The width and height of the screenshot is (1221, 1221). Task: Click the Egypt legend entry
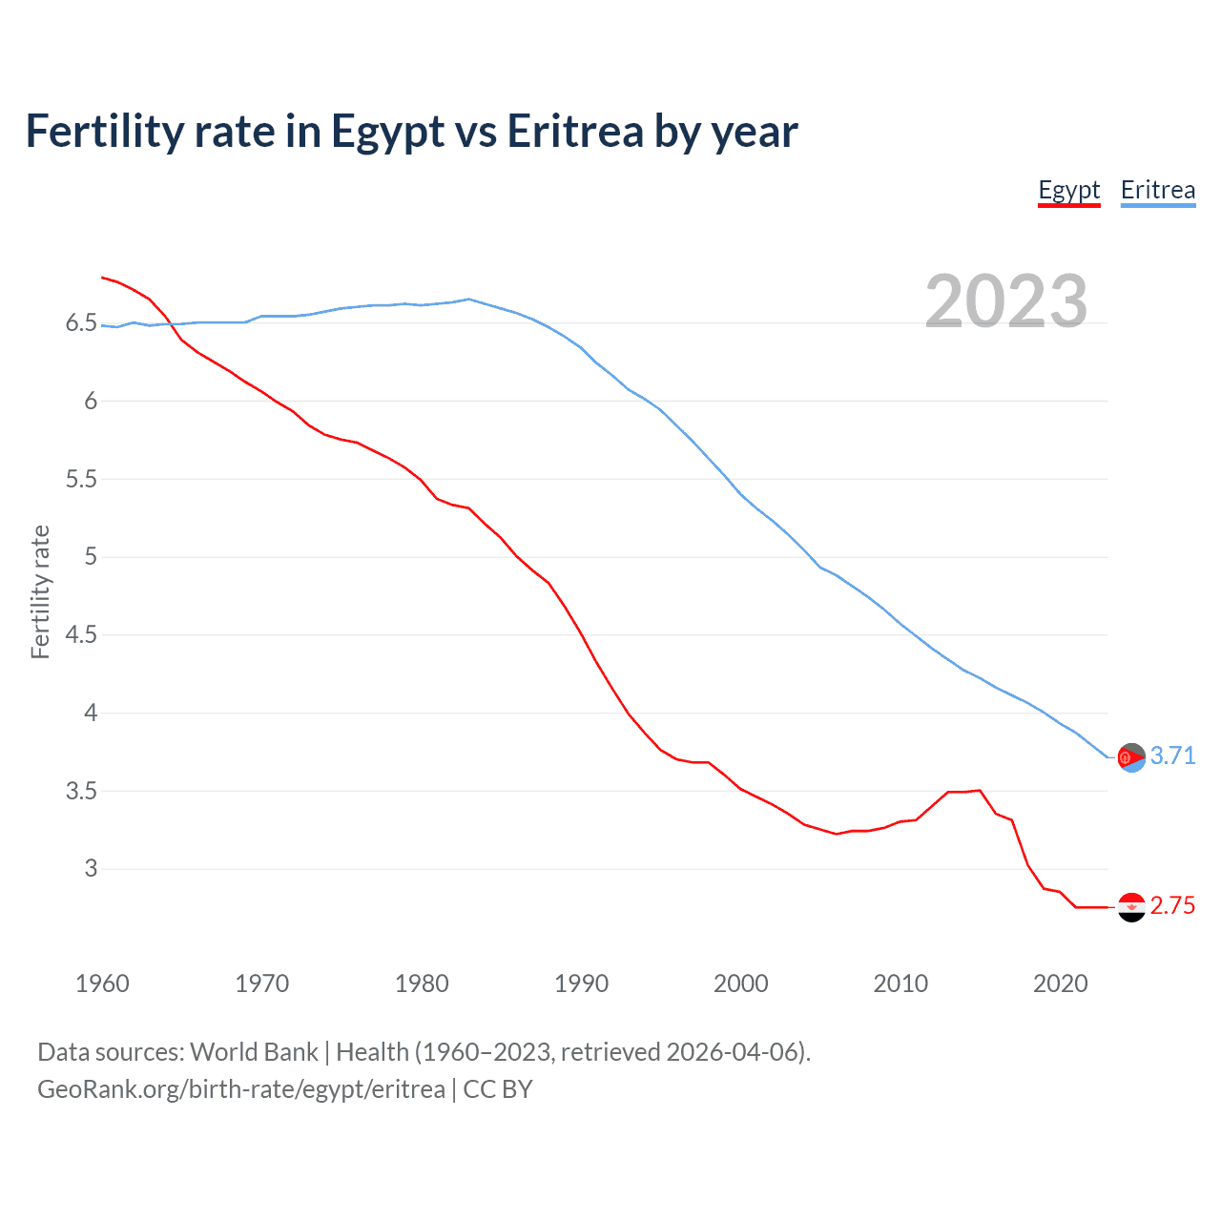[x=1068, y=190]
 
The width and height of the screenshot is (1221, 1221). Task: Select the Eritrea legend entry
[x=1157, y=190]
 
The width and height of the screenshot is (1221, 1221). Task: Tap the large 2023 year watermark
[x=1005, y=301]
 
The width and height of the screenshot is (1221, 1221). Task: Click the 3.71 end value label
[x=1172, y=755]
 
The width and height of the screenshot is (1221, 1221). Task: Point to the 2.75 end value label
[x=1172, y=905]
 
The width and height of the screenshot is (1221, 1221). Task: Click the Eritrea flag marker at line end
[x=1131, y=757]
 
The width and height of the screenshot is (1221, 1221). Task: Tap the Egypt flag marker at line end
[x=1131, y=907]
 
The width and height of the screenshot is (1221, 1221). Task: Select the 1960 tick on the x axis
[x=102, y=983]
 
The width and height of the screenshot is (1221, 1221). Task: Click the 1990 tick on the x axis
[x=581, y=983]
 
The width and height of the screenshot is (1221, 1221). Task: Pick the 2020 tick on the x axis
[x=1060, y=983]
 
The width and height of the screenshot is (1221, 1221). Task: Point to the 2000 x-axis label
[x=741, y=983]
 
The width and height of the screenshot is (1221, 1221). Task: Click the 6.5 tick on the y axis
[x=81, y=323]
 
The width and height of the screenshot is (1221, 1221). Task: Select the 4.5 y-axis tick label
[x=81, y=634]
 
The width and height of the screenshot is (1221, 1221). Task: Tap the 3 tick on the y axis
[x=91, y=868]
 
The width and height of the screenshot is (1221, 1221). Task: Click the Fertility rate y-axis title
[x=40, y=591]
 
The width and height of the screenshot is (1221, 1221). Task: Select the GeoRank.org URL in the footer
[x=240, y=1089]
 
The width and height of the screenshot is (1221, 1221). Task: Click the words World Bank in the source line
[x=254, y=1052]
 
